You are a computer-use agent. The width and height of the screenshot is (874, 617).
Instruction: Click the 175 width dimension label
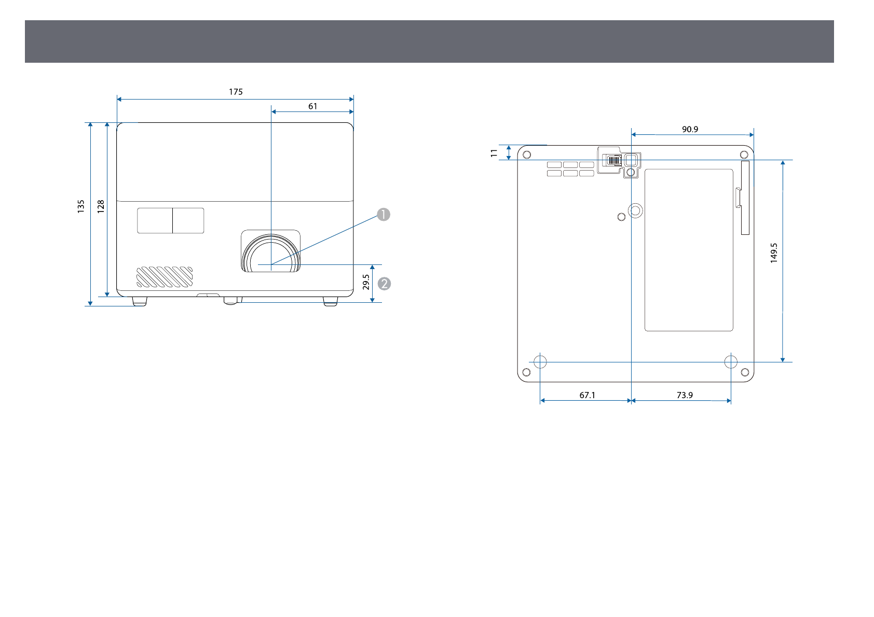[x=236, y=92]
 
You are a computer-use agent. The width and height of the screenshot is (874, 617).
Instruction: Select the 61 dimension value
[x=313, y=106]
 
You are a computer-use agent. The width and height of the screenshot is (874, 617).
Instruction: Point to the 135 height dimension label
[x=81, y=206]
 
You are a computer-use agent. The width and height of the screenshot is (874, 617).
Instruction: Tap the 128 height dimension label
[x=101, y=206]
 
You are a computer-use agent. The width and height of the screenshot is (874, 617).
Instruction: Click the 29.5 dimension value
[x=366, y=282]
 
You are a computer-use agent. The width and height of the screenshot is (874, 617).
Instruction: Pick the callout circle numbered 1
[x=384, y=214]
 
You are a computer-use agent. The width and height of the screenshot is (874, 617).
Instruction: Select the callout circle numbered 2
[x=385, y=284]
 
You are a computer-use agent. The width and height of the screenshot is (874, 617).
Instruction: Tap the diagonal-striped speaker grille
[x=165, y=277]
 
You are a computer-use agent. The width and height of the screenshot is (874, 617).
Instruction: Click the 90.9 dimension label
[x=690, y=130]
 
